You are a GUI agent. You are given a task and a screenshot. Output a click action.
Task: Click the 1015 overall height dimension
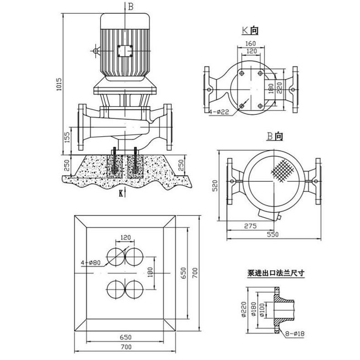(x=58, y=82)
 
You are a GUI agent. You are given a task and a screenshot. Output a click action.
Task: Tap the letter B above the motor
(x=131, y=6)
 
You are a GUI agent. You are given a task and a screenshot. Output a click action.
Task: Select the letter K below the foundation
(x=121, y=193)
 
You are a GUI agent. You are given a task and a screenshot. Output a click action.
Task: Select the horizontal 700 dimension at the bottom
(x=125, y=347)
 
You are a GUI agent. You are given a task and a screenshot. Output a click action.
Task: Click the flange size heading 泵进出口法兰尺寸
(x=276, y=274)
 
